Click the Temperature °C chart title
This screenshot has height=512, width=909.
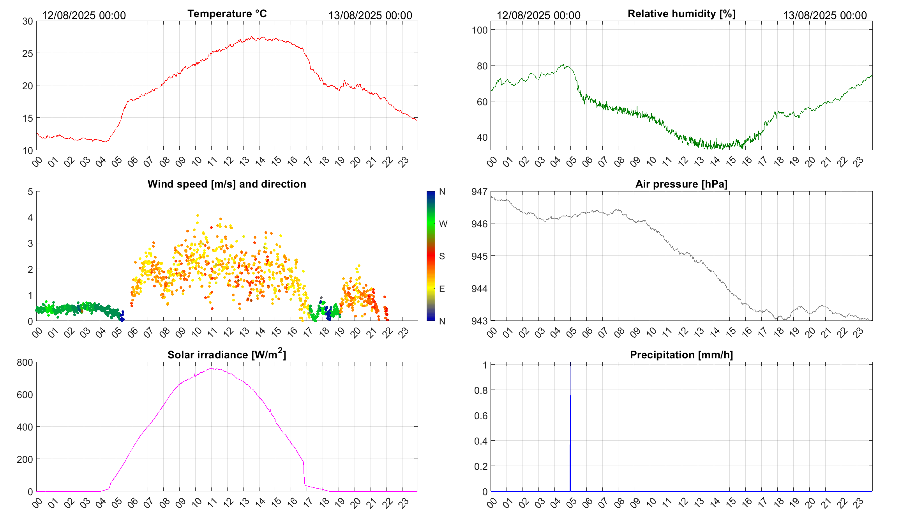[227, 14]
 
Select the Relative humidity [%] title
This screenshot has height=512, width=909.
[681, 14]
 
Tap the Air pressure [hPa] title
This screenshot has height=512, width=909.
[681, 184]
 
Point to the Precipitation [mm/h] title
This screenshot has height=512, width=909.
[681, 355]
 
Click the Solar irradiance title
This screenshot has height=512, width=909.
[227, 355]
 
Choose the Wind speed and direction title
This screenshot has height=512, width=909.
[227, 184]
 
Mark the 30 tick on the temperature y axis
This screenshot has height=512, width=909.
[28, 21]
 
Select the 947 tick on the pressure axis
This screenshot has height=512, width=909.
[479, 191]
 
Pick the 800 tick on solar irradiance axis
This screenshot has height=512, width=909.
[25, 363]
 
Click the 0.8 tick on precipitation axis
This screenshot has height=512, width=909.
[481, 390]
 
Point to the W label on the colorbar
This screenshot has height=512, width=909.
[443, 224]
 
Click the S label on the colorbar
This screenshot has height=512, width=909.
[442, 256]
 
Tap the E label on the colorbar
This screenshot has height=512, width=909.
[442, 289]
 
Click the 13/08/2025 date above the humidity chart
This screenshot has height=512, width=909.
[825, 16]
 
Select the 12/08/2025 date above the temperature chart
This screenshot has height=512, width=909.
[84, 16]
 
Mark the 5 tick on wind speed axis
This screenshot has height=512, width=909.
[30, 191]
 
